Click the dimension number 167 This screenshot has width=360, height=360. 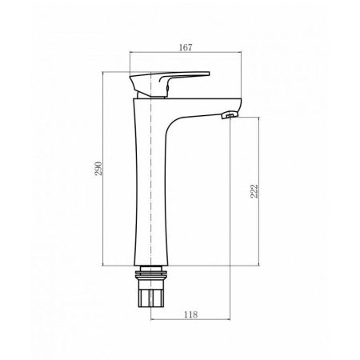coord(185,47)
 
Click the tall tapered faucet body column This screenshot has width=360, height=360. coord(147,184)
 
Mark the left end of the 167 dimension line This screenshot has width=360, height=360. coord(130,56)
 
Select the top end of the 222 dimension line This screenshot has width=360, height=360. coord(258,117)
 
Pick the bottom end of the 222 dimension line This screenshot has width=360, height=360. coord(258,266)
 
